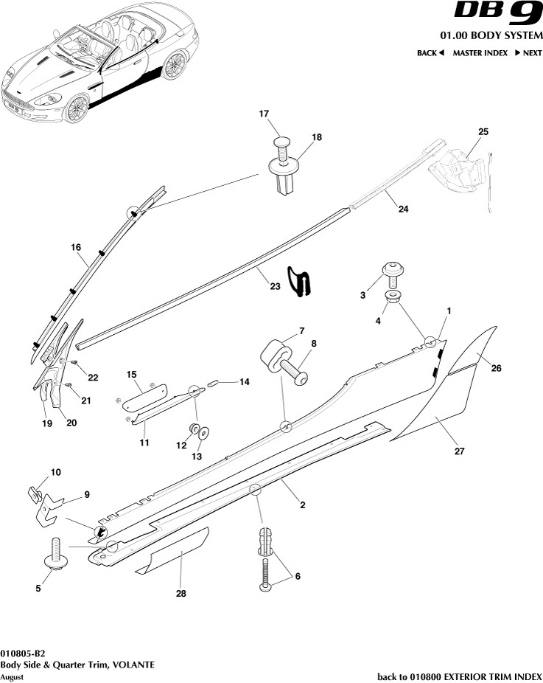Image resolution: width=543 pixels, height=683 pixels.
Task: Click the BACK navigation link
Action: (x=430, y=53)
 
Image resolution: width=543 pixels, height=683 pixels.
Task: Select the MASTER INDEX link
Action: (x=480, y=53)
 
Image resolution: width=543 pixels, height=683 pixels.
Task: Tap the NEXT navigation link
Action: (x=528, y=53)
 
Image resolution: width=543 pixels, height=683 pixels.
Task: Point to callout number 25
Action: (x=483, y=131)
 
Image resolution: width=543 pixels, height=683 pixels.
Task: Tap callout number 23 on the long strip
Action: (x=275, y=286)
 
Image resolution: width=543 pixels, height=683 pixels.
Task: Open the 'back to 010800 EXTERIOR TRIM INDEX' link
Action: (x=459, y=676)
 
